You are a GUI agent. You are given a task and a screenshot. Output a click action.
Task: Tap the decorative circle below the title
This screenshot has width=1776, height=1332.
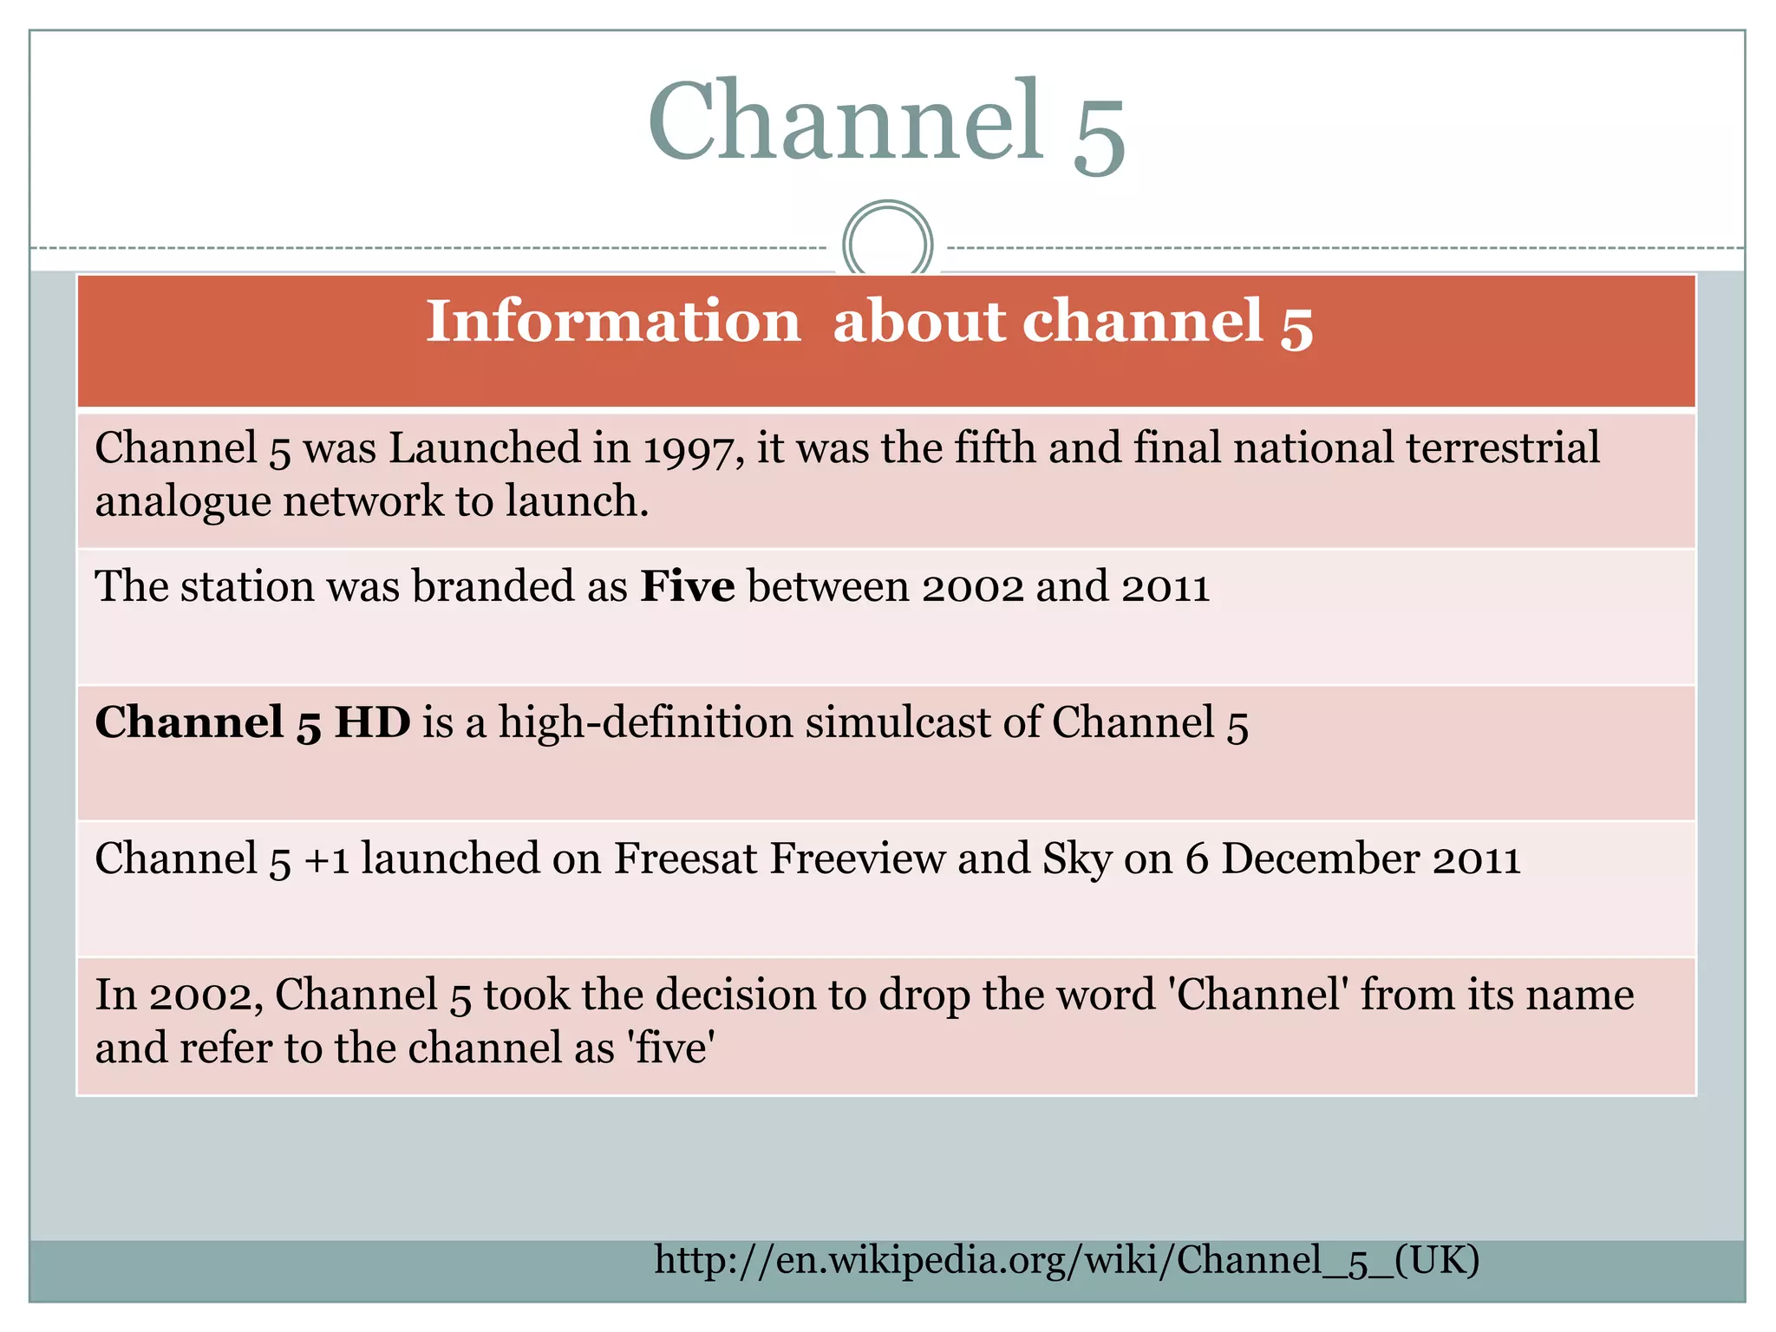coord(887,244)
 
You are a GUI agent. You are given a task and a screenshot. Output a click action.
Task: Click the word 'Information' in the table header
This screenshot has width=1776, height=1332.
coord(613,321)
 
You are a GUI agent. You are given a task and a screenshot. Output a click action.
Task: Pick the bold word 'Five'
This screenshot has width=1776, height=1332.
coord(687,586)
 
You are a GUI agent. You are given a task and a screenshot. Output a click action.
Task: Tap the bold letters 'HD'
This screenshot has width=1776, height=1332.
coord(372,722)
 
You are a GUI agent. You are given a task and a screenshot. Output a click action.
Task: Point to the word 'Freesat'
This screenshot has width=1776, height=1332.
coord(685,859)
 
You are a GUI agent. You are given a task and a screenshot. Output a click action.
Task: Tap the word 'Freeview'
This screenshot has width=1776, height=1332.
coord(858,859)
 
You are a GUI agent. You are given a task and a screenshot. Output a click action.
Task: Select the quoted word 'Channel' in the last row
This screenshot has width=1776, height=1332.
coord(1258,995)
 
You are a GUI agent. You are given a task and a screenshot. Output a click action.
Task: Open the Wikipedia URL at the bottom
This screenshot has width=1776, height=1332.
coord(1067,1260)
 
